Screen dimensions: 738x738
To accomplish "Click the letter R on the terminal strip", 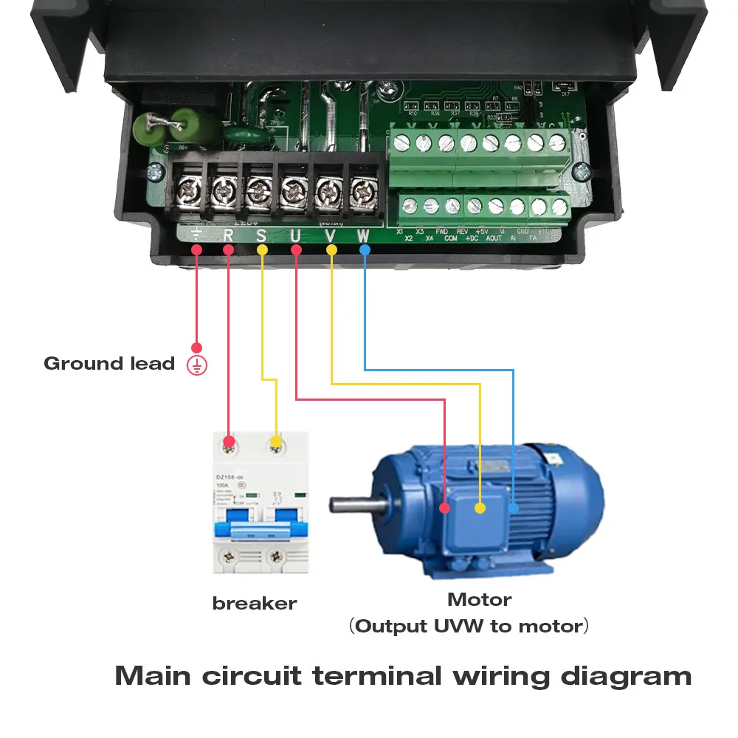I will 228,236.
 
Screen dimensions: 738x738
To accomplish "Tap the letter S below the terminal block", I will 261,236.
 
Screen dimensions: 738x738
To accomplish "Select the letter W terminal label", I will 363,236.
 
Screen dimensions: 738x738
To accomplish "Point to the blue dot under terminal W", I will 365,250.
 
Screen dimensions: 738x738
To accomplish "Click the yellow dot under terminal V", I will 331,250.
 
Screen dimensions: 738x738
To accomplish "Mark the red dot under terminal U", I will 296,250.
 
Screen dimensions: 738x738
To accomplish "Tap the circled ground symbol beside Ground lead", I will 197,365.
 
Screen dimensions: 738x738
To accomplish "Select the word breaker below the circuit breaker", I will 254,603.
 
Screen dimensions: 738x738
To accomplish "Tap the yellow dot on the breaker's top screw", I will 276,443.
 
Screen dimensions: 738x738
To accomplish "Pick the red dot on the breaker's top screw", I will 229,443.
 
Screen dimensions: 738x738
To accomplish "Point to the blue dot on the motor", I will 514,508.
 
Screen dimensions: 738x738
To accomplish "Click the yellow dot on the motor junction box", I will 480,508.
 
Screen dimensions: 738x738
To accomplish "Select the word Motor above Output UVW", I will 479,599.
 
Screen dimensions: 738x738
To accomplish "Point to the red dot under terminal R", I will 228,250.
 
